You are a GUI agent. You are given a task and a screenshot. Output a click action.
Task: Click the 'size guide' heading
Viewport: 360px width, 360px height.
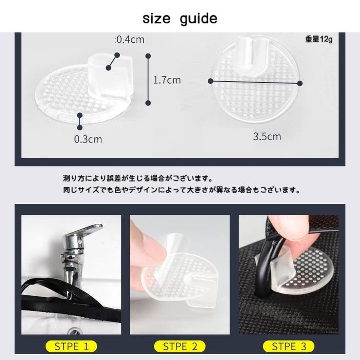coord(180,18)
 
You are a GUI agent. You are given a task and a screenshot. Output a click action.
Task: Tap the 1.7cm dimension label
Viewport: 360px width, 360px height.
coord(167,80)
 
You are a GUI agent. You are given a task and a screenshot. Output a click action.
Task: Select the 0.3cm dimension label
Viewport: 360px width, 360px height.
coord(88,139)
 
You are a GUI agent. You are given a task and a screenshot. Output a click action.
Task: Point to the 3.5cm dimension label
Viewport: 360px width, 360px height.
coord(267,136)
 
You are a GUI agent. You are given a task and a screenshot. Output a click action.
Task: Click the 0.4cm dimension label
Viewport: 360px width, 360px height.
coord(130,39)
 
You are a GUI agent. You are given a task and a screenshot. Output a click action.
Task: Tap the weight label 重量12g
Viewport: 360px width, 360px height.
coord(319,39)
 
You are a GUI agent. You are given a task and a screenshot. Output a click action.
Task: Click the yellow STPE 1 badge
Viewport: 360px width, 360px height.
coord(72,346)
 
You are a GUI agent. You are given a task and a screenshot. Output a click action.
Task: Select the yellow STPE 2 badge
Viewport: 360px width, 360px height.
coord(180,346)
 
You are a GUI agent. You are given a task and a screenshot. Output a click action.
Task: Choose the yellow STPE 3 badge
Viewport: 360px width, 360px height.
coord(288,346)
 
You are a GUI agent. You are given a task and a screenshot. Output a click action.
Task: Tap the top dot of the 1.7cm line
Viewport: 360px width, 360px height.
coord(148,56)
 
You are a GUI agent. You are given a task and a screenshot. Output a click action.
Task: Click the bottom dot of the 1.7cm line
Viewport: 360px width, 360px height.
coord(148,103)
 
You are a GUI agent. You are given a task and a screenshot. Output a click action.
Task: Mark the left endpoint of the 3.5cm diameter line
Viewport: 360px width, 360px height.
coord(210,81)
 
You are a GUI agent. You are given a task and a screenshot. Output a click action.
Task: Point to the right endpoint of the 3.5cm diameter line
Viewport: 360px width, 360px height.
coord(300,83)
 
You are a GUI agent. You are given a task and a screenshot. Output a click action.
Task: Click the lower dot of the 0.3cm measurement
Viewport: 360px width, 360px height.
coord(80,127)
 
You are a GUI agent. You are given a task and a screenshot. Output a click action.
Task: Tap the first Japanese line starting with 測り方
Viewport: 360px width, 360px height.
coord(138,179)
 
